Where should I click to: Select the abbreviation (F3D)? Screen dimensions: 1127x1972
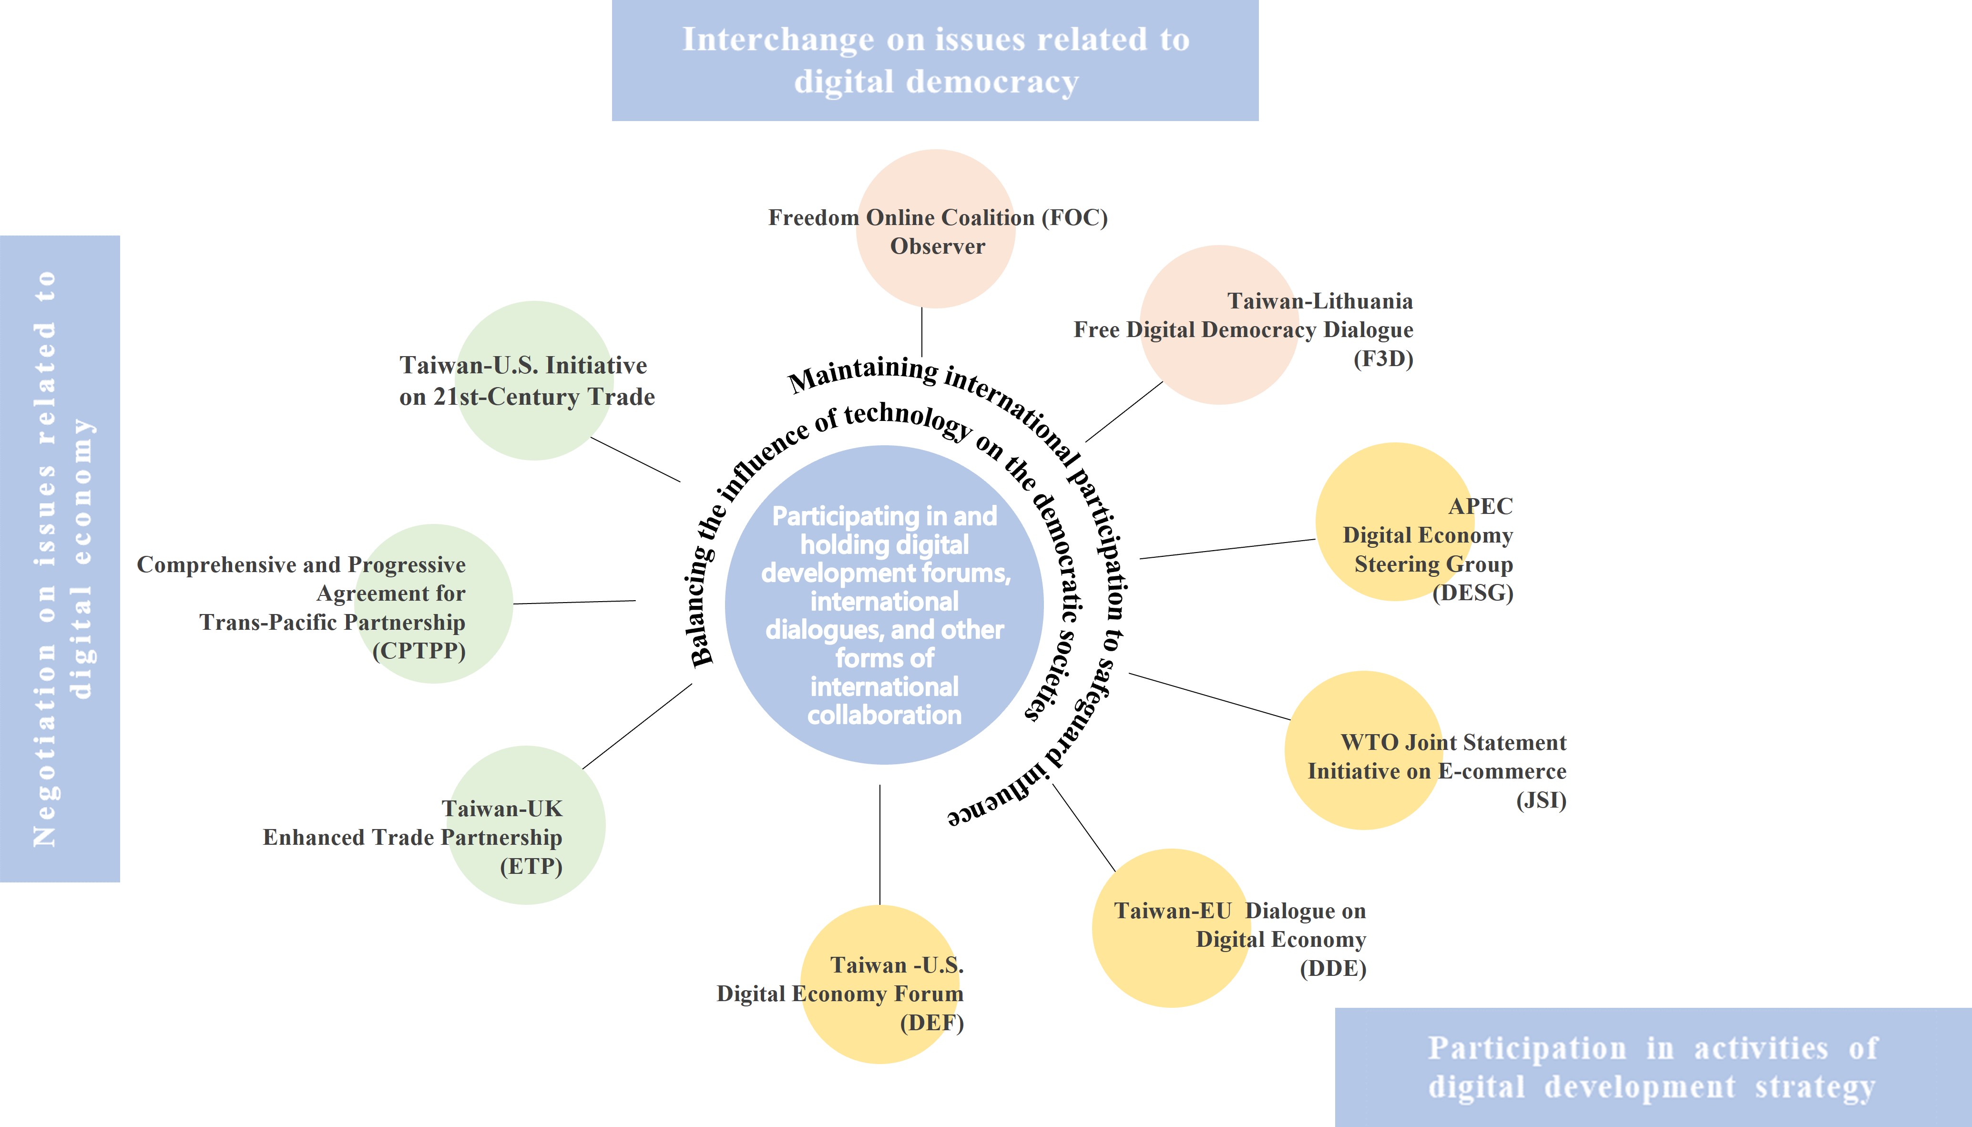pos(1383,359)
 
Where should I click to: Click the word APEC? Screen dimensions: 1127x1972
pos(1480,506)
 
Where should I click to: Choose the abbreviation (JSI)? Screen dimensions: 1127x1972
pos(1541,799)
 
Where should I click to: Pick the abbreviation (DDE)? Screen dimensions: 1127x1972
pos(1333,968)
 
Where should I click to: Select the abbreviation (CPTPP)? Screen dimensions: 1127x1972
pos(419,651)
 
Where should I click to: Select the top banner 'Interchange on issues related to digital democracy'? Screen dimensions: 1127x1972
pos(935,61)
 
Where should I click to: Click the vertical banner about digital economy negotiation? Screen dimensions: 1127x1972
pos(60,558)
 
